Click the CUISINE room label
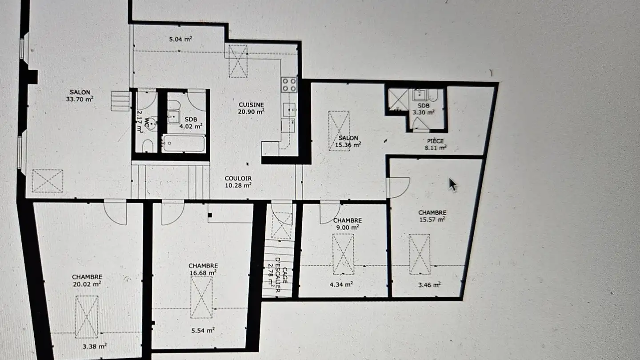click(251, 104)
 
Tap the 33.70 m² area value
click(80, 100)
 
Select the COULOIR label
click(238, 178)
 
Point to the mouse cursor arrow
click(452, 184)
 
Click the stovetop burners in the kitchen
click(289, 84)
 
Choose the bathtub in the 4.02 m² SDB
click(183, 144)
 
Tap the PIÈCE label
click(436, 141)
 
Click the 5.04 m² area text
click(180, 39)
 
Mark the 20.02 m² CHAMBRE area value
click(87, 283)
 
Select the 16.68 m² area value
click(203, 272)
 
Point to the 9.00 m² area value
click(347, 227)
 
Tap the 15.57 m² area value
click(432, 219)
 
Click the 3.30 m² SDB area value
click(423, 112)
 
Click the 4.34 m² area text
click(342, 284)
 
